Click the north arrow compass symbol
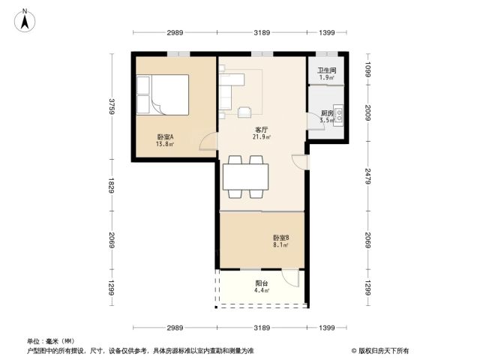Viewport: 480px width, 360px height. pyautogui.click(x=25, y=20)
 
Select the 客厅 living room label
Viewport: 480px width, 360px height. pyautogui.click(x=262, y=130)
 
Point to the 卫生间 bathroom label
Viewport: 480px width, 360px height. pyautogui.click(x=327, y=70)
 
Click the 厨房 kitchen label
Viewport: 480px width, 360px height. pyautogui.click(x=327, y=113)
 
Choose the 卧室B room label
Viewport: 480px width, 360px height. pyautogui.click(x=281, y=238)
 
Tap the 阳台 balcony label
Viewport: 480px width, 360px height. pyautogui.click(x=262, y=283)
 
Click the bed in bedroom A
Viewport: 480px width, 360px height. pyautogui.click(x=163, y=94)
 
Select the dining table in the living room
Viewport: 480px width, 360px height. pyautogui.click(x=245, y=177)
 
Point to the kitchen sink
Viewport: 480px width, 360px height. pyautogui.click(x=338, y=115)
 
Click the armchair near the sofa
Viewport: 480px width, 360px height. pyautogui.click(x=244, y=112)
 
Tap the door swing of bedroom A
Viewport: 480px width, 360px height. pyautogui.click(x=208, y=142)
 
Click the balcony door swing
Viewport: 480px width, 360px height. pyautogui.click(x=290, y=278)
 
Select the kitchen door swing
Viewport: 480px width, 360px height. pyautogui.click(x=316, y=121)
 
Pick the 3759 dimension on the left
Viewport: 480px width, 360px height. pyautogui.click(x=112, y=106)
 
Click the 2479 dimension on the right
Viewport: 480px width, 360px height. pyautogui.click(x=368, y=176)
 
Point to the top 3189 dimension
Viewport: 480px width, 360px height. pyautogui.click(x=262, y=32)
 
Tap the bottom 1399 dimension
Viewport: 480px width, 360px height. pyautogui.click(x=327, y=328)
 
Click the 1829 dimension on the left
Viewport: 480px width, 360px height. pyautogui.click(x=112, y=185)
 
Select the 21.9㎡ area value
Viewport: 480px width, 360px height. pyautogui.click(x=262, y=136)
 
